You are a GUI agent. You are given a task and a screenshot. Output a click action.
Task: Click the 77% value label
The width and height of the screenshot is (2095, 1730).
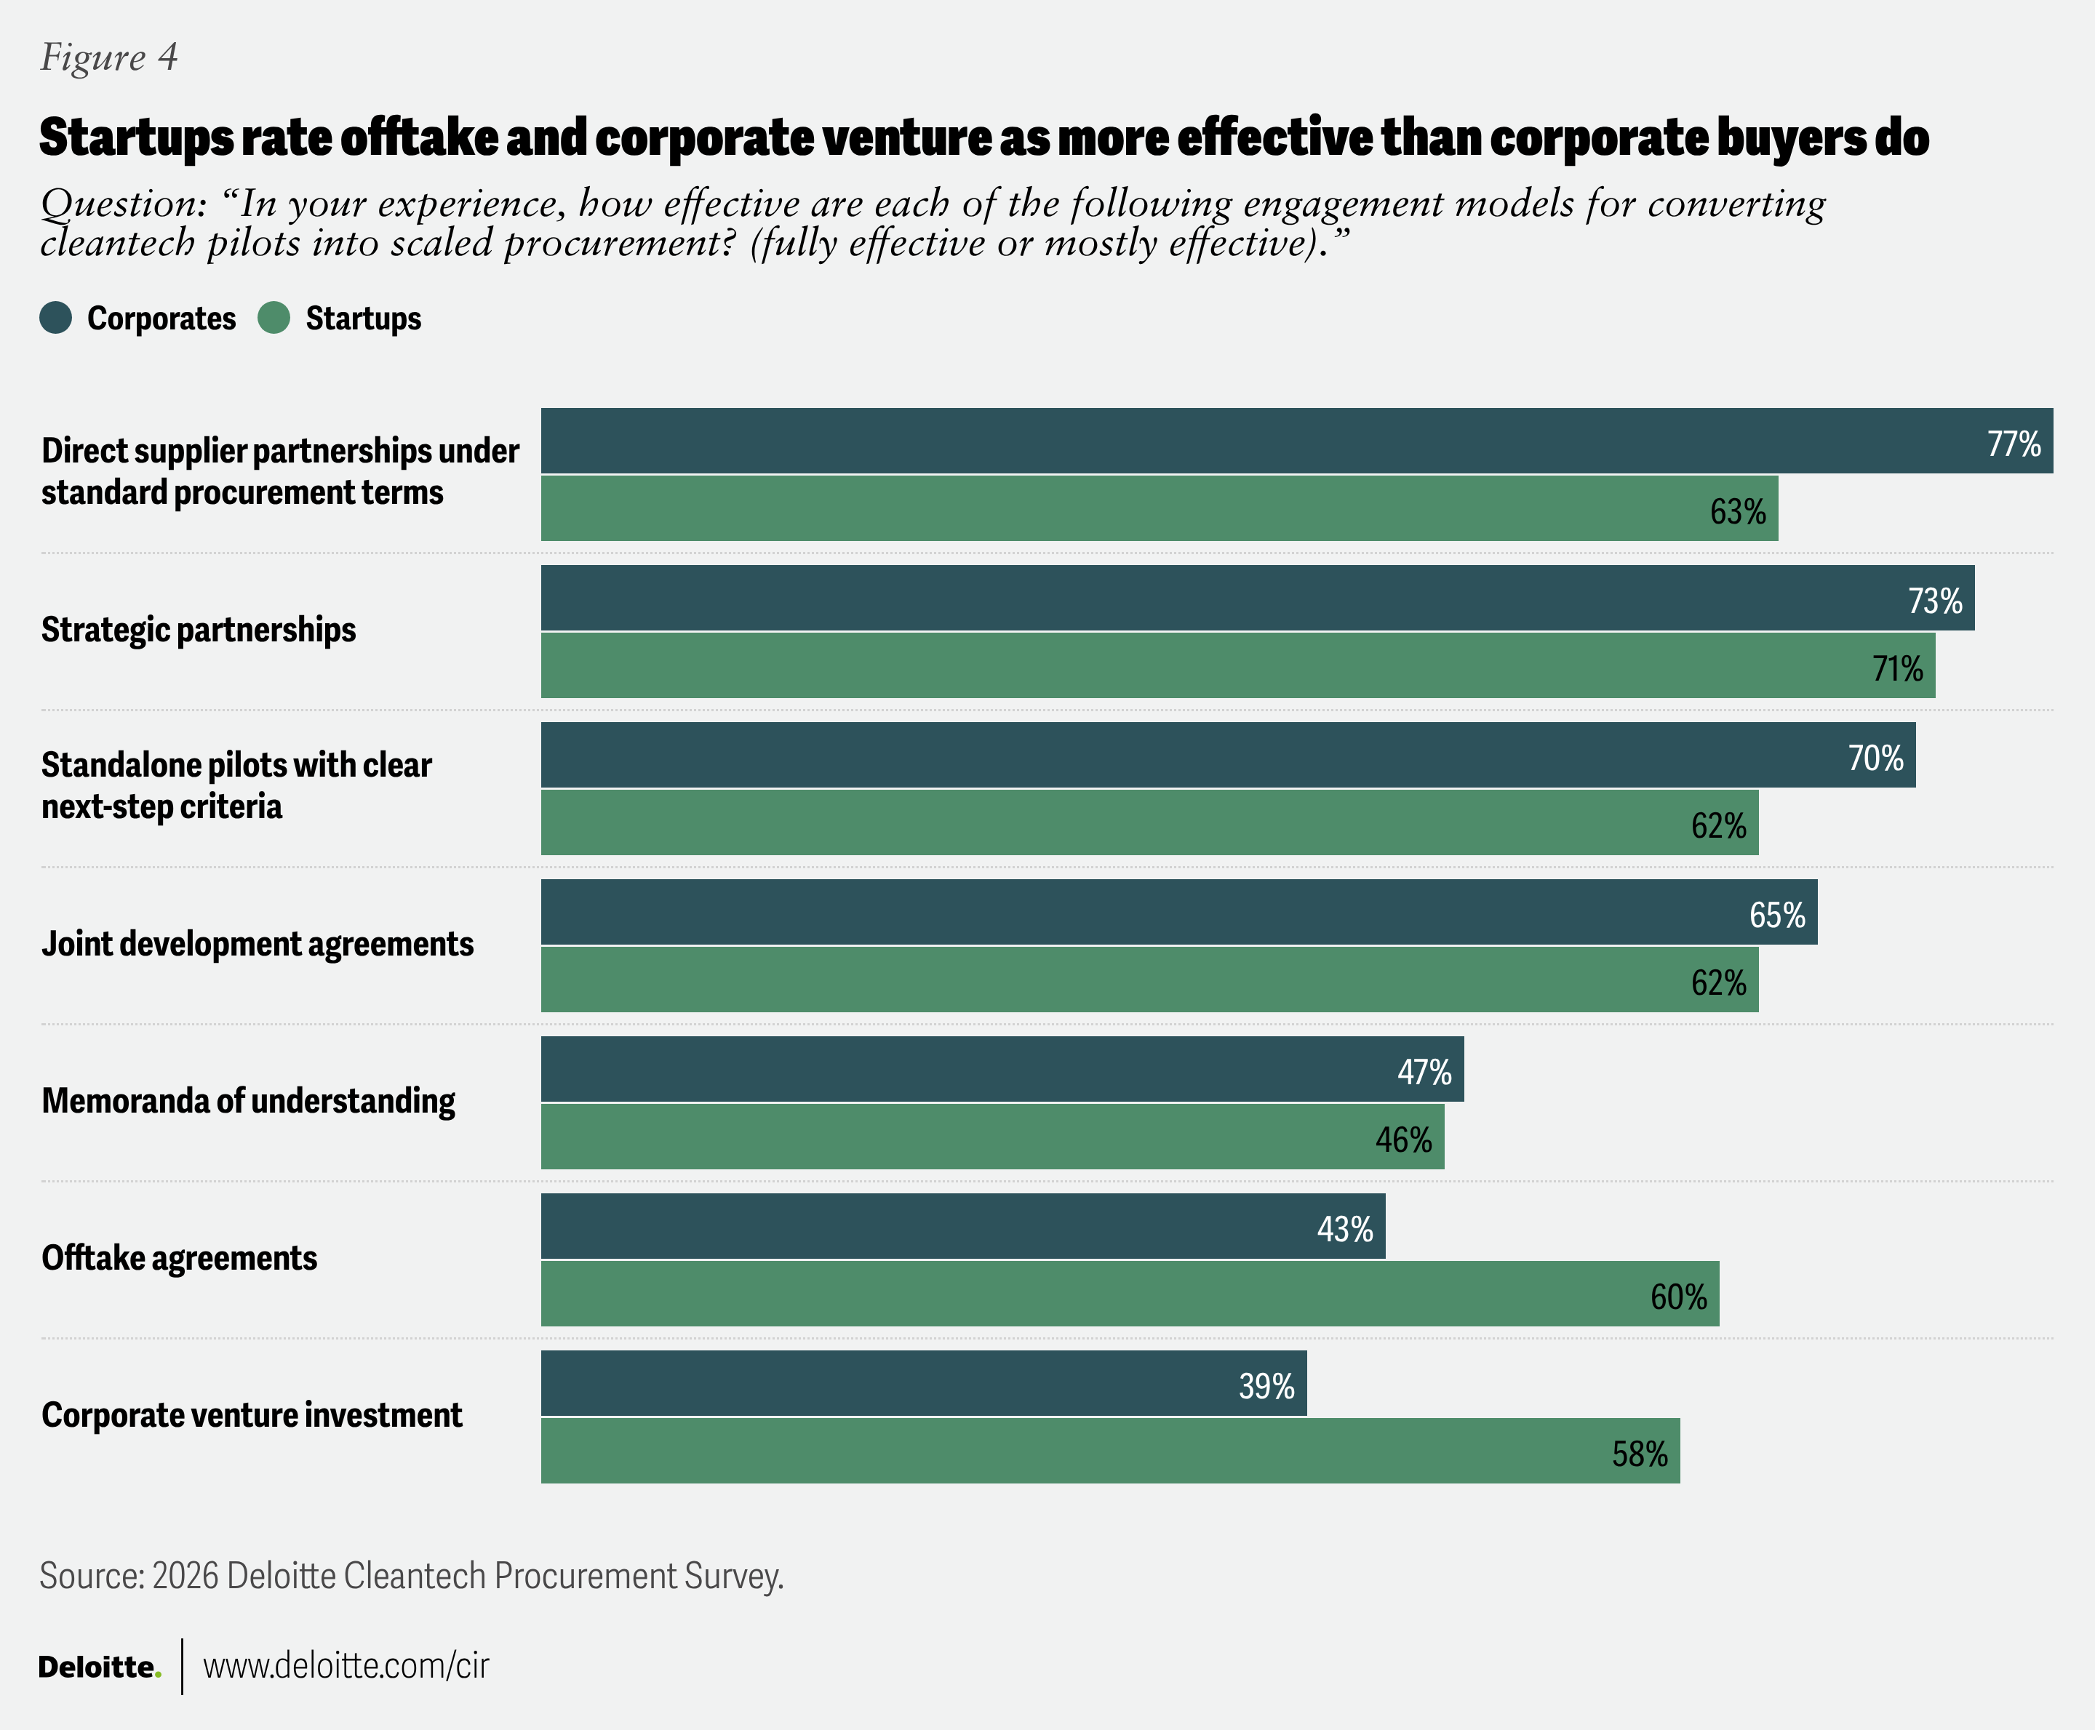2014,444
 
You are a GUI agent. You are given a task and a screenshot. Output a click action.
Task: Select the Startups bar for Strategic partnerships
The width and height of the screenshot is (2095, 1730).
1238,665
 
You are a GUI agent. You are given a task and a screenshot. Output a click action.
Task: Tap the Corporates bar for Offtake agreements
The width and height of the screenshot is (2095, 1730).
963,1226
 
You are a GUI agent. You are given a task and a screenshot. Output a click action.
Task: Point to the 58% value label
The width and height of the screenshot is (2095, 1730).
1640,1454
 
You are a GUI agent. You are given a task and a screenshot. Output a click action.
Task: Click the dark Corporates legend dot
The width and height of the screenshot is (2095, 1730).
56,318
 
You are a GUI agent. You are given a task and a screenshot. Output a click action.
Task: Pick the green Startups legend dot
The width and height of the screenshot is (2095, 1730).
274,318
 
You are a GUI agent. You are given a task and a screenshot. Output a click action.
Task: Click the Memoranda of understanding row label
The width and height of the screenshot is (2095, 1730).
248,1101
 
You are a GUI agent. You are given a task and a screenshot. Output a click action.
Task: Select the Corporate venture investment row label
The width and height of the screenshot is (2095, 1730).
252,1415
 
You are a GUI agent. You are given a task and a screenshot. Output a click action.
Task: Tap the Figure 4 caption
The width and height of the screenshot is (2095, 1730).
108,57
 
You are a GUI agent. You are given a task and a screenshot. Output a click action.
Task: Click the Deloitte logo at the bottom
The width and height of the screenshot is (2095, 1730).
100,1666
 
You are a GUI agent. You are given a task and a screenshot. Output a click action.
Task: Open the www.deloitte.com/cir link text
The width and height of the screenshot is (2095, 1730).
346,1665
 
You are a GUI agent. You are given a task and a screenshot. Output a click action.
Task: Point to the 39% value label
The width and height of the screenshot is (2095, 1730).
1266,1386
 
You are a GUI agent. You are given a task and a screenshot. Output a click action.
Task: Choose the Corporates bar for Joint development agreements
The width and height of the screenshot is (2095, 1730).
1179,912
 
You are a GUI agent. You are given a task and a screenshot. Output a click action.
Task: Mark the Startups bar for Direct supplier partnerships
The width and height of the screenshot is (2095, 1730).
1159,508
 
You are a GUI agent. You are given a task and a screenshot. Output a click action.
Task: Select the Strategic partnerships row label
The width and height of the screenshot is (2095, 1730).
199,630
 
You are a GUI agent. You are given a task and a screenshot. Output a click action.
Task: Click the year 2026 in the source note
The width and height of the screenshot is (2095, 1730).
185,1576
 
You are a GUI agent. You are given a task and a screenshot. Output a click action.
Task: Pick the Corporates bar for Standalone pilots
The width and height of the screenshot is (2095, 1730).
1228,754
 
